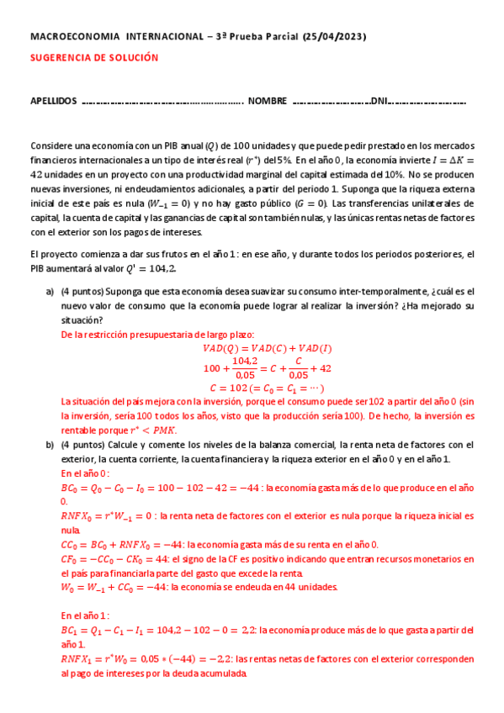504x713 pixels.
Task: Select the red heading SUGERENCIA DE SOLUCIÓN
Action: point(94,58)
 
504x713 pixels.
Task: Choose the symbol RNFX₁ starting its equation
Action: point(77,659)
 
